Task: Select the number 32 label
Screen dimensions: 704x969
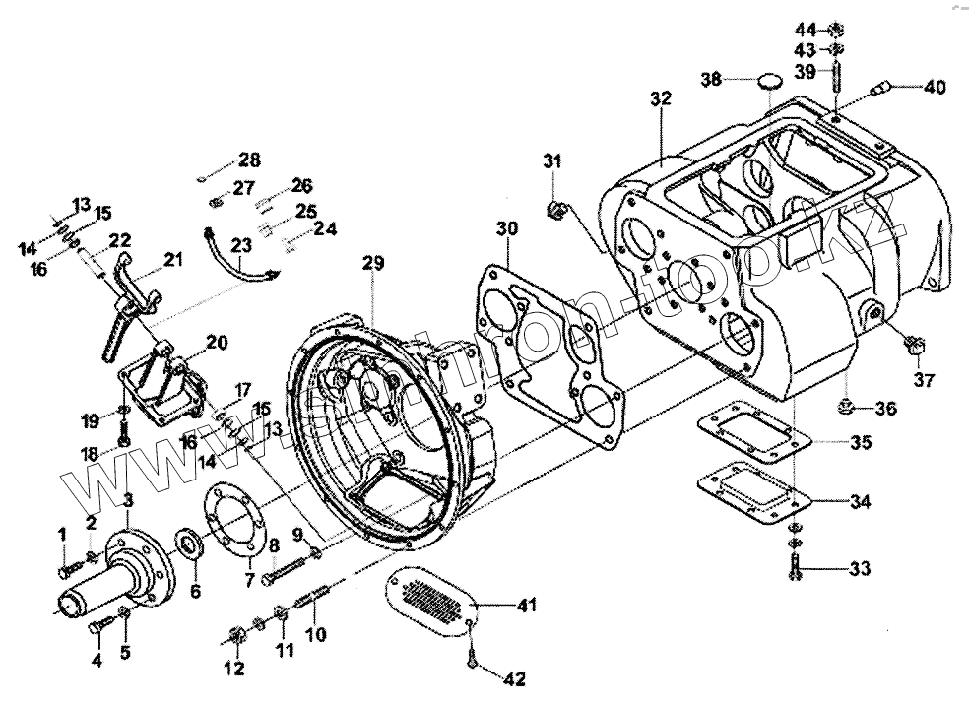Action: (660, 99)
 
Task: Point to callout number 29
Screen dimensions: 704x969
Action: (373, 263)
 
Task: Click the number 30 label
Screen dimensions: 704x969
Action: (506, 229)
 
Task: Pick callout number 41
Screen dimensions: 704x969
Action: (527, 606)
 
